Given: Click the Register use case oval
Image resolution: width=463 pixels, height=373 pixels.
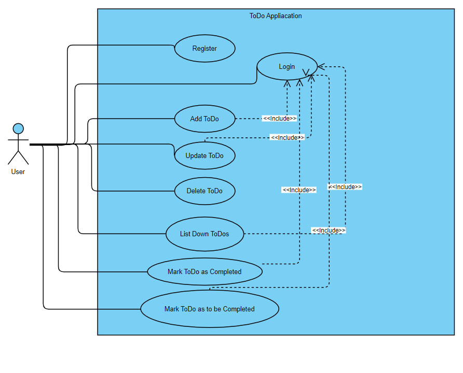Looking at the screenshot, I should (x=205, y=49).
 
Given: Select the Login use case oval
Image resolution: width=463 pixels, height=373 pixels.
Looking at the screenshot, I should (x=287, y=66).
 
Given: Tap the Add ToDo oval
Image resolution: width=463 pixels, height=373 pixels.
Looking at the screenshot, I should (x=205, y=119).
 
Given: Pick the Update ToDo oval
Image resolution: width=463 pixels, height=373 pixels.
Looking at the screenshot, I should (x=205, y=156).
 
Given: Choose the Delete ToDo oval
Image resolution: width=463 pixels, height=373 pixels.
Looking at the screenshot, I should (x=205, y=191).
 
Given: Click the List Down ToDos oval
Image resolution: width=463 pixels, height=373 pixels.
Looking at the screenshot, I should (x=205, y=234).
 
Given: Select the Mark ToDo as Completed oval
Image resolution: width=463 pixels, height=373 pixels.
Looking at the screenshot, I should (x=205, y=271).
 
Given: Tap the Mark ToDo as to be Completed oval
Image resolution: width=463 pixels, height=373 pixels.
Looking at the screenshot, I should (x=210, y=309).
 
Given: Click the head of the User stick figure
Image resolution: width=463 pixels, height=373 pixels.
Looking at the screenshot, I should (x=18, y=128).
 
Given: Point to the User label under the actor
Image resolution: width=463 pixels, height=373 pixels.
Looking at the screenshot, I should (x=18, y=171).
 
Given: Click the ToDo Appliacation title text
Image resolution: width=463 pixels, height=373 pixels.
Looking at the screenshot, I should (x=276, y=16).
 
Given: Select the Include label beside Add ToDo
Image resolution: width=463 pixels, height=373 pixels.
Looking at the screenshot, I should (x=280, y=119).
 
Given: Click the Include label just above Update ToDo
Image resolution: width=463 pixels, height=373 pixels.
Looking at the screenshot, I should (x=287, y=138).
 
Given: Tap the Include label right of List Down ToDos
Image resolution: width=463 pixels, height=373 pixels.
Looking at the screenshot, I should (x=329, y=231).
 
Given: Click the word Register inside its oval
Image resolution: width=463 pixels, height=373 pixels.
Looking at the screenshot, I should (x=205, y=49).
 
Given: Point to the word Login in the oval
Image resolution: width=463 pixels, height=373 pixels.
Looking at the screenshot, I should (x=287, y=66).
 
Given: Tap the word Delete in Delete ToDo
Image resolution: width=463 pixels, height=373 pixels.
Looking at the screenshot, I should (x=196, y=191).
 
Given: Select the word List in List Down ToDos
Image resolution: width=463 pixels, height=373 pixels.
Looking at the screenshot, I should (x=185, y=234).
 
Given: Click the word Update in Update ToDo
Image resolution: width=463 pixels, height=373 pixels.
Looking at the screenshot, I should (x=196, y=156).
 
